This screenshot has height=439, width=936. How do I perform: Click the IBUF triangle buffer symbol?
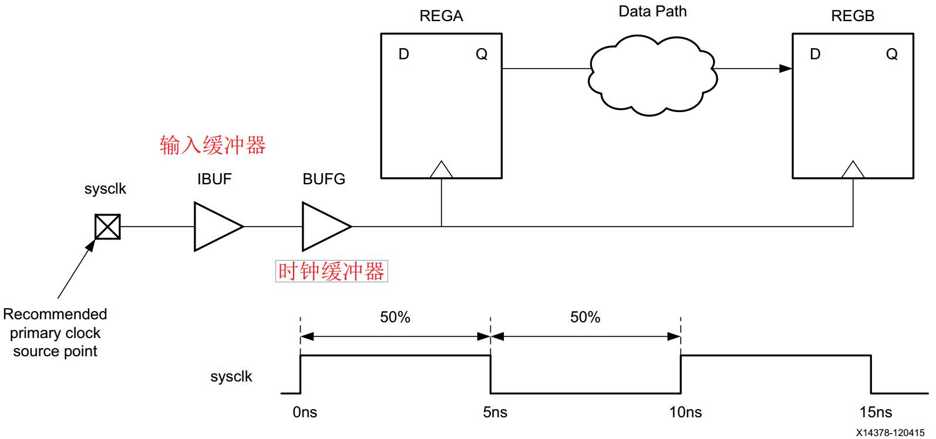pos(218,227)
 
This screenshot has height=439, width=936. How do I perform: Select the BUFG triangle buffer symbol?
pos(326,227)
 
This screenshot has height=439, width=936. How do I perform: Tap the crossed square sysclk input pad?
pos(108,227)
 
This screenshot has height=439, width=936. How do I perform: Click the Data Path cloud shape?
pos(653,76)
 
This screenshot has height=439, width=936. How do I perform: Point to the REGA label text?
pos(441,16)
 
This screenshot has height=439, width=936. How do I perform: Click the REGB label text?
pos(853,16)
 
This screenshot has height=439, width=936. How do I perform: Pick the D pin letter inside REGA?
pos(403,54)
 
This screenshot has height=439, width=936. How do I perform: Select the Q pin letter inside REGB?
pos(892,55)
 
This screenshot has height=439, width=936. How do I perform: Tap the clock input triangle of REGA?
pos(441,170)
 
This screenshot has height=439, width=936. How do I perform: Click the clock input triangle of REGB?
pos(853,170)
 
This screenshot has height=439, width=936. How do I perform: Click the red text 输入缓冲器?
pos(213,146)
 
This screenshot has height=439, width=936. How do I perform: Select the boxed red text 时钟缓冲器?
pos(331,271)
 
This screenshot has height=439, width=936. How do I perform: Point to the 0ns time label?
pos(305,412)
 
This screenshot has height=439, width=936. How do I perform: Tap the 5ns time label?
pos(495,412)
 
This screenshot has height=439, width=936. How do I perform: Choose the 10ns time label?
pos(686,412)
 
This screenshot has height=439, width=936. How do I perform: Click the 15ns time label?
pos(876,412)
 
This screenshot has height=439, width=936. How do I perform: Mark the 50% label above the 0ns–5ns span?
pos(395,318)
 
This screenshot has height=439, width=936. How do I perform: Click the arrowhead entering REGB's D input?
pos(786,69)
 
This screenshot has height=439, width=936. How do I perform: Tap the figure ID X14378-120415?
pos(890,433)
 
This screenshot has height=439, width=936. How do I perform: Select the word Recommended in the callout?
pos(55,314)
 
